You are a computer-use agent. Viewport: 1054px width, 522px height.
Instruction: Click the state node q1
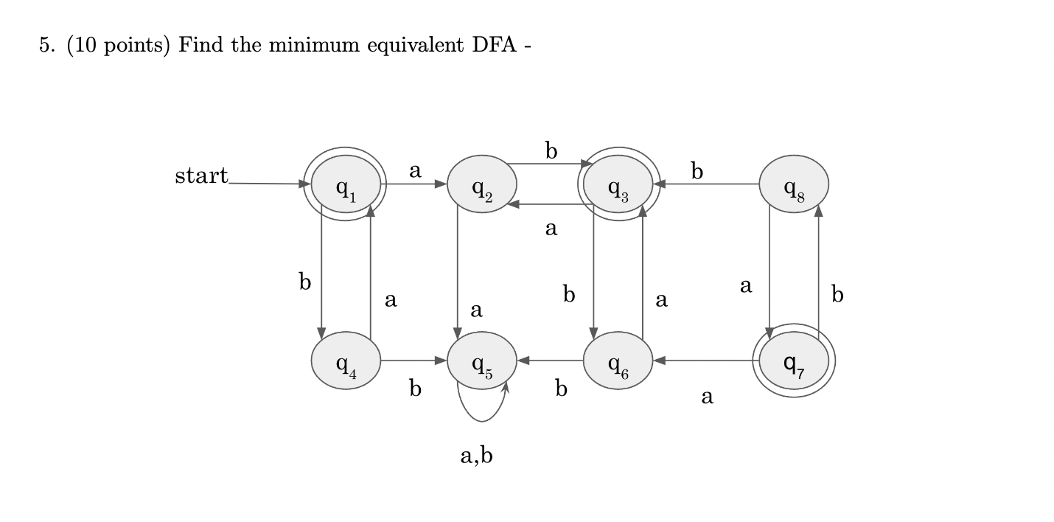(x=346, y=184)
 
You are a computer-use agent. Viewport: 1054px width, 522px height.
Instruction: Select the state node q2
(x=481, y=184)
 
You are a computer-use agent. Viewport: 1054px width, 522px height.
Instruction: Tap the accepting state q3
(x=618, y=184)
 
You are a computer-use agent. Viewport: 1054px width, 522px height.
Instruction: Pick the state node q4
(x=346, y=361)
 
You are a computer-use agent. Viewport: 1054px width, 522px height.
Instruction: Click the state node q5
(x=481, y=361)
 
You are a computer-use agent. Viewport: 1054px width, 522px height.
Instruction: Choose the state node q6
(x=618, y=361)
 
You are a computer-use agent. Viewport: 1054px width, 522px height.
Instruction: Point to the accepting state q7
(x=794, y=361)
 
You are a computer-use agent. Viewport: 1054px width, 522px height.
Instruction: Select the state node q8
(x=794, y=184)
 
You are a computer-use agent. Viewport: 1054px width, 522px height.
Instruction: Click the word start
(x=201, y=176)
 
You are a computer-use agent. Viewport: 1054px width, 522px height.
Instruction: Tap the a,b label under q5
(x=476, y=456)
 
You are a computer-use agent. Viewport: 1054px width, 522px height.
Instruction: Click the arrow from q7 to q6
(x=704, y=361)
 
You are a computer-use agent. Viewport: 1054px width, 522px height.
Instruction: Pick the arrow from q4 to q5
(x=413, y=361)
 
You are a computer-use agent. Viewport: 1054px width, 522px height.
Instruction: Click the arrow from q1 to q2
(x=414, y=184)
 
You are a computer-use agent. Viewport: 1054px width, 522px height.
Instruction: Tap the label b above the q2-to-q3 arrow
(x=551, y=150)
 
